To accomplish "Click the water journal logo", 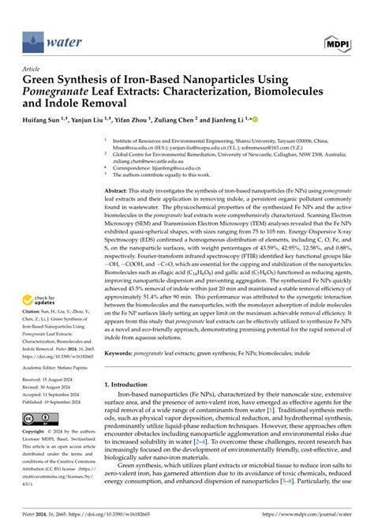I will [48, 37].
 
